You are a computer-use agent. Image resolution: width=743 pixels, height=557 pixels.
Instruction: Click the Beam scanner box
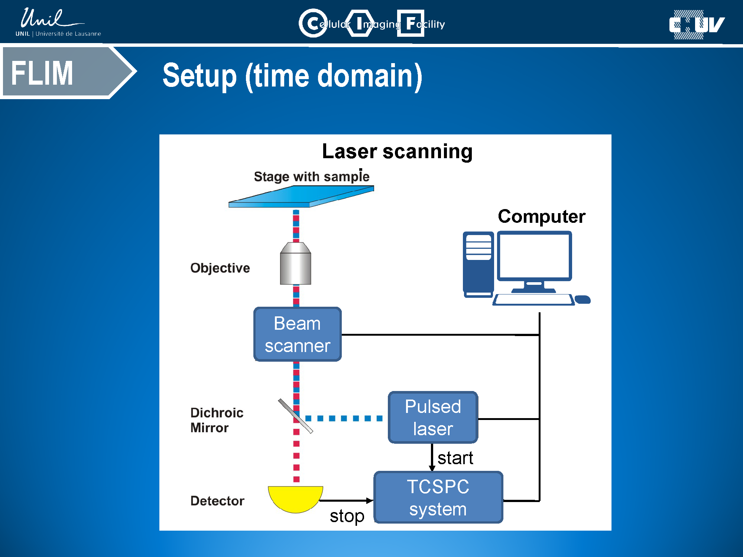point(297,334)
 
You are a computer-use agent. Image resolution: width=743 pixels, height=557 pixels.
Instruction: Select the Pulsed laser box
point(433,417)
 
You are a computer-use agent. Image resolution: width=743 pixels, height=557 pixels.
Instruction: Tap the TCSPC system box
point(438,497)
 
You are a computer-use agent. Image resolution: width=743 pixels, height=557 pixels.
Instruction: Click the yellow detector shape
point(296,498)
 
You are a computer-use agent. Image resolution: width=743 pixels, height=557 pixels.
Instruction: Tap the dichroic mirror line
point(296,416)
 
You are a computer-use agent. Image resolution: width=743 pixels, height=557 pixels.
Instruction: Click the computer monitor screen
point(534,256)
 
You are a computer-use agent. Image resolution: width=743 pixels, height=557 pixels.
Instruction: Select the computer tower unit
point(478,264)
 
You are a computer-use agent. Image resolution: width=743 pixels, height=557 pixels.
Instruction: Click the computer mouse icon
point(583,299)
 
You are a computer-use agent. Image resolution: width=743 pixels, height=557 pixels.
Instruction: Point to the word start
point(455,458)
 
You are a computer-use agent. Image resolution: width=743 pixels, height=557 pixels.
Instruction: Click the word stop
point(347,516)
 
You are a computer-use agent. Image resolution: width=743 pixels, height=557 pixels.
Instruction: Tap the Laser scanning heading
point(397,152)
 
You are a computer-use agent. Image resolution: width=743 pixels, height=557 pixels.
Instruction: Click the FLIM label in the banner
point(42,73)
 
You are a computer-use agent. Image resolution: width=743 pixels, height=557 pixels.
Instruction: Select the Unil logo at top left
point(56,22)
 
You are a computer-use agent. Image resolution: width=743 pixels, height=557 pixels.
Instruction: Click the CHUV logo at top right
point(696,25)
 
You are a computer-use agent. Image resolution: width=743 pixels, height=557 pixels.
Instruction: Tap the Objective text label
point(220,268)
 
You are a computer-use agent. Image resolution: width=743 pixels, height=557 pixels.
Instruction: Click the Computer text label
point(542,216)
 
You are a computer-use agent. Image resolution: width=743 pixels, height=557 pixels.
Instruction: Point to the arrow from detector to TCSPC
point(345,501)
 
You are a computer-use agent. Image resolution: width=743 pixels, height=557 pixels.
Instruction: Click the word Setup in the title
point(199,76)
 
